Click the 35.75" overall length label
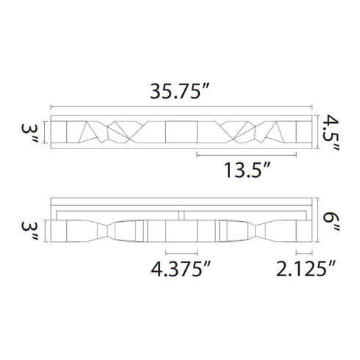click(180, 91)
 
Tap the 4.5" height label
click(331, 133)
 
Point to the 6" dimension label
click(331, 222)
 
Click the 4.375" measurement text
click(181, 269)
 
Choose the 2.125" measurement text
click(306, 269)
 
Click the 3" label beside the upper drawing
click(29, 134)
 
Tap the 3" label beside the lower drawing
click(29, 231)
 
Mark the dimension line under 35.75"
click(181, 107)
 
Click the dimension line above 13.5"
click(247, 155)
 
